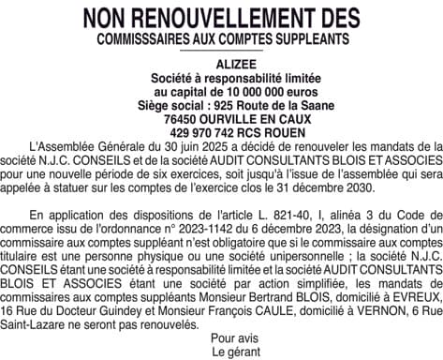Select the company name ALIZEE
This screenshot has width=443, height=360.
pyautogui.click(x=221, y=65)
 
